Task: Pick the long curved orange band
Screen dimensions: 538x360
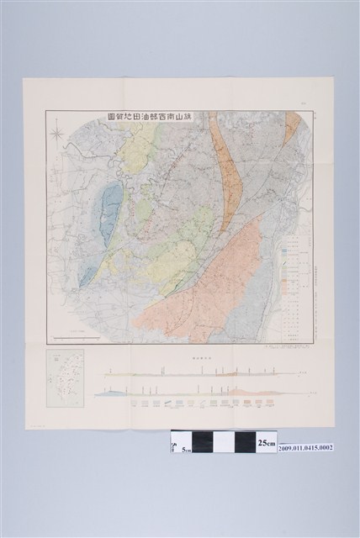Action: pos(227,177)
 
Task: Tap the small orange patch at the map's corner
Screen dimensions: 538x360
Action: pos(292,125)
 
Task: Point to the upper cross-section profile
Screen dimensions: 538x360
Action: pos(202,371)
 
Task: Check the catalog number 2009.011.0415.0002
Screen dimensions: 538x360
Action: pos(306,447)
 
